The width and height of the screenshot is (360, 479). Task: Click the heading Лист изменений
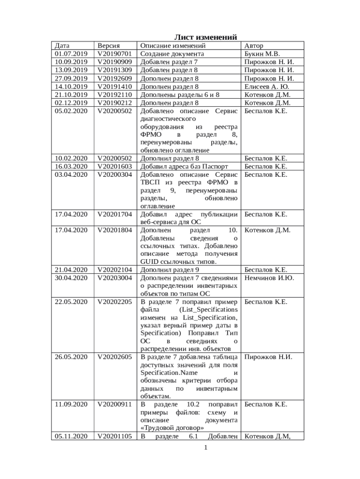[206, 37]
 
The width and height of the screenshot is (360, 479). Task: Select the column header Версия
[108, 46]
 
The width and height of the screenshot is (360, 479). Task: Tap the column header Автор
[253, 46]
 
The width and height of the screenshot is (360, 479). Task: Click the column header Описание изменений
[173, 46]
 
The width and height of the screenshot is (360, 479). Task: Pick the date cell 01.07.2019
[71, 54]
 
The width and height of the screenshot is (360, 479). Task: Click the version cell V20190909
[115, 62]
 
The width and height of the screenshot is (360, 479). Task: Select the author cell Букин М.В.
[262, 54]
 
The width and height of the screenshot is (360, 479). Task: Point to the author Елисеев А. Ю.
[266, 87]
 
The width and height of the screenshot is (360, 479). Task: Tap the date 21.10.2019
[71, 94]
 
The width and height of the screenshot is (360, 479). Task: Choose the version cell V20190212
[115, 103]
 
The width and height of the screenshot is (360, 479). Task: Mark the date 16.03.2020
[71, 166]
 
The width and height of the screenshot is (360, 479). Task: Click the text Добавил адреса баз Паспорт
[184, 166]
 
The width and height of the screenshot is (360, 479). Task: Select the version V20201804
[115, 230]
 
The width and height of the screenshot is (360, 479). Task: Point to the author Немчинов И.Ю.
[269, 278]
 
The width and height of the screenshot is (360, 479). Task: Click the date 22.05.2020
[71, 302]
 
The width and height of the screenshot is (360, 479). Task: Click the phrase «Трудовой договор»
[172, 428]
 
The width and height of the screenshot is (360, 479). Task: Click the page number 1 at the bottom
[205, 448]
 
